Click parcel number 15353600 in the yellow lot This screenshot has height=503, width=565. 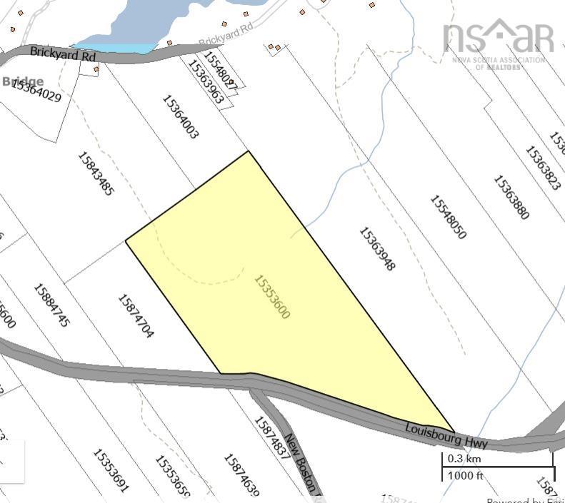point(272,296)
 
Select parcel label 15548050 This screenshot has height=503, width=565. point(448,216)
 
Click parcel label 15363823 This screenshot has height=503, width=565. point(542,168)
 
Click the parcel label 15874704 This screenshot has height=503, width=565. point(135,316)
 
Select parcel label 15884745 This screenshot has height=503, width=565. point(52,305)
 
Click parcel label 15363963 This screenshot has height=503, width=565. point(206,82)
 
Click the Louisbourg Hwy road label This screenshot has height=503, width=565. point(446,435)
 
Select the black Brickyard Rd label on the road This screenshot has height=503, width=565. point(63,52)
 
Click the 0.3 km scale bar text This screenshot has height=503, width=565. point(464,458)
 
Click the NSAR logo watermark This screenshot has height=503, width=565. point(498,41)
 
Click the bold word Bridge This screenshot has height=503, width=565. point(22,81)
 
